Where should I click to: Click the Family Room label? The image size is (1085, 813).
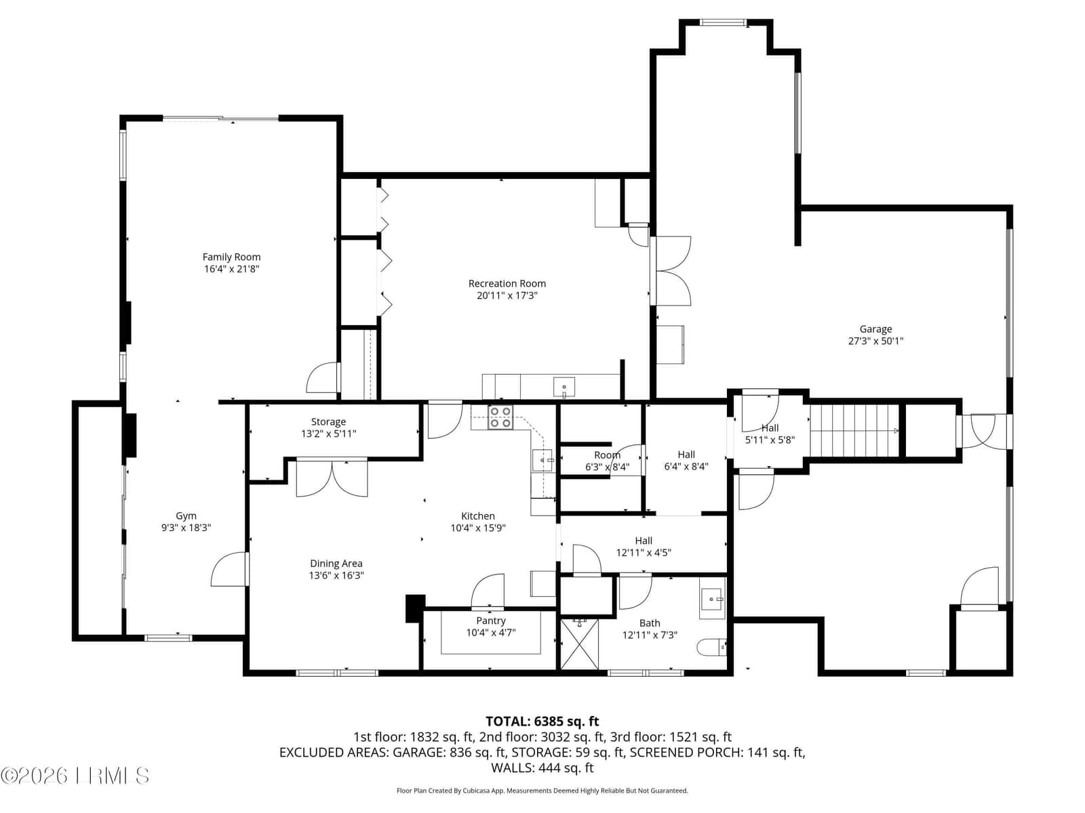pos(231,257)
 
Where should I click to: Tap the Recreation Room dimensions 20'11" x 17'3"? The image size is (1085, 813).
pos(507,295)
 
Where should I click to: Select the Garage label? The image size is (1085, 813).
pos(875,329)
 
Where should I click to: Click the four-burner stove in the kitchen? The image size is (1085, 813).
pos(500,417)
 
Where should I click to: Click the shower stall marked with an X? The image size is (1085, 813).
pos(579,644)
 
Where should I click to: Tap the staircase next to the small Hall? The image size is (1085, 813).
pos(854,431)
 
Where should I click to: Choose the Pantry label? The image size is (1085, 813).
pos(490,621)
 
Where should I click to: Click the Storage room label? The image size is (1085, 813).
pos(328,421)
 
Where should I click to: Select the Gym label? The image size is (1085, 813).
pos(186,516)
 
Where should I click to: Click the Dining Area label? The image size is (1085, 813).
pos(336,563)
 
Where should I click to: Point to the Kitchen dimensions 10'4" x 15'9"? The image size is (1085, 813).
pos(477,528)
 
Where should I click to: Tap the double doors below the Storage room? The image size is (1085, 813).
pos(332,477)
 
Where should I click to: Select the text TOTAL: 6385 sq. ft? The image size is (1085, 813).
pos(542,721)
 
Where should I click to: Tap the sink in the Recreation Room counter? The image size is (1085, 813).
pos(564,386)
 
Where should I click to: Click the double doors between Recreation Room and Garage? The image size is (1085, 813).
pos(671,270)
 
